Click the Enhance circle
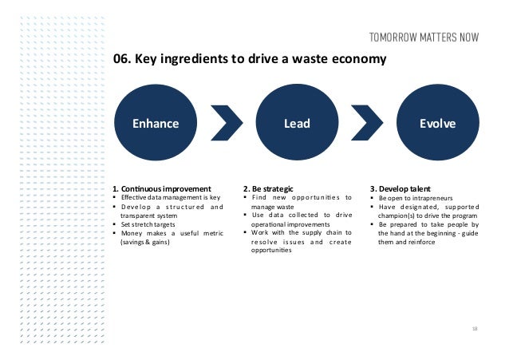point(156,123)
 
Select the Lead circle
point(297,123)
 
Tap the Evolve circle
point(437,123)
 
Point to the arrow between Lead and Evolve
point(368,124)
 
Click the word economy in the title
point(359,59)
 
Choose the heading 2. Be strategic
point(270,189)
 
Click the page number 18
point(475,328)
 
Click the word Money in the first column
point(133,233)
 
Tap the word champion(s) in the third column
point(392,216)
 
